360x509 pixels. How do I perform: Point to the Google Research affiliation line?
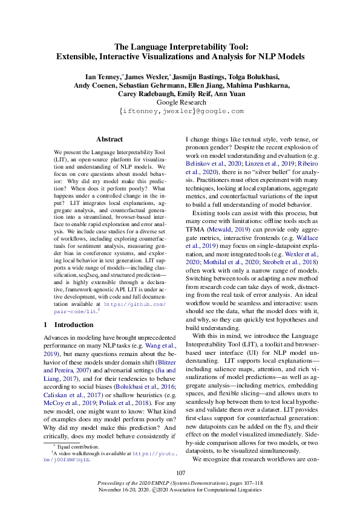180,102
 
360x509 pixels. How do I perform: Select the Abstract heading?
110,139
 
